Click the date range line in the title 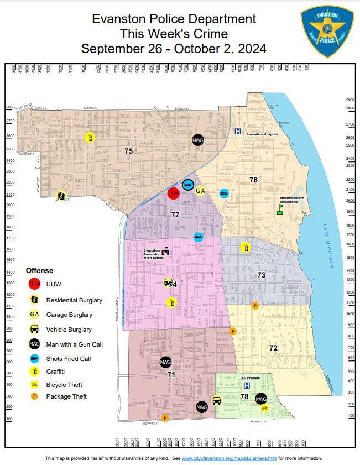pos(174,49)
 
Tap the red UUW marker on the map pos(174,194)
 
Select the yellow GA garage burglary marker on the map pos(201,191)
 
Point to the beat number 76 pos(253,180)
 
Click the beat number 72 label pos(273,348)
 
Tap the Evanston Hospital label pos(262,134)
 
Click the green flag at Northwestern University pos(280,210)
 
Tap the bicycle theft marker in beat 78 pos(265,408)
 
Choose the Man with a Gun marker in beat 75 pos(197,140)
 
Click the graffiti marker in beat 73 pos(246,248)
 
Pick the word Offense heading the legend pos(40,270)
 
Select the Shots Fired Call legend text pos(68,358)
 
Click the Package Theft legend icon pos(34,396)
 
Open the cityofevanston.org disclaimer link pos(229,458)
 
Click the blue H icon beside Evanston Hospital pos(238,132)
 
